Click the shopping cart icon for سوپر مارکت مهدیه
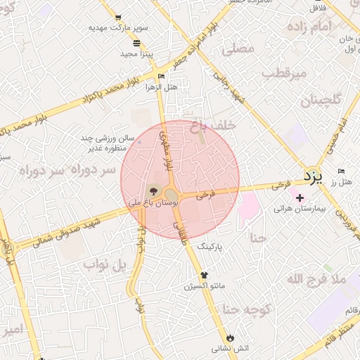coord(117,17)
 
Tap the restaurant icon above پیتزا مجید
coord(136,42)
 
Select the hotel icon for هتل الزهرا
coord(162,76)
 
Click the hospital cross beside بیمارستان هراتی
coord(300,198)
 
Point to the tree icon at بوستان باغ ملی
coord(153,191)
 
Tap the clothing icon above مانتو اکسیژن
coord(204,275)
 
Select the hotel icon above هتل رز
coord(341,172)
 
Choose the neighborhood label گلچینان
coord(321,101)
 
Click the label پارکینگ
coord(214,247)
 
